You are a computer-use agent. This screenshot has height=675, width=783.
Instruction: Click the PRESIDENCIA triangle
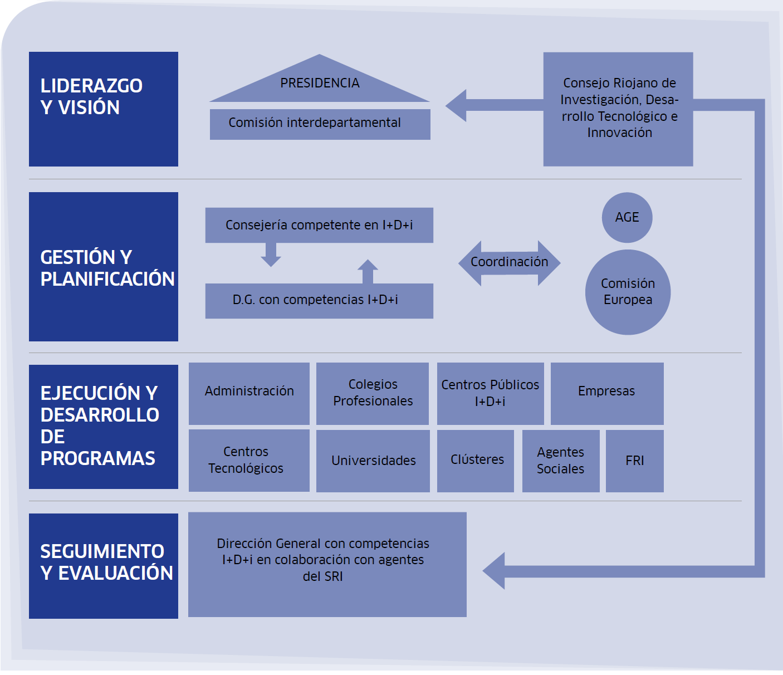[320, 84]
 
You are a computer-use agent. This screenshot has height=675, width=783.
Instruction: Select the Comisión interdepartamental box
[320, 124]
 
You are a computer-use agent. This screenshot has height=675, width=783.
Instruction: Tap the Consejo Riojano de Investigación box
[618, 109]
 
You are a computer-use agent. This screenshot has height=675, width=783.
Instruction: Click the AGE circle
[627, 218]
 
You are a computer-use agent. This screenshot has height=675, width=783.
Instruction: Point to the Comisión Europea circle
[628, 292]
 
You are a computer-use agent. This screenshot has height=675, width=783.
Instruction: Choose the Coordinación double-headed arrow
[509, 263]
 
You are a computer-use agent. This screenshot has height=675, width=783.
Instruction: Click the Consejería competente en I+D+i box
[319, 225]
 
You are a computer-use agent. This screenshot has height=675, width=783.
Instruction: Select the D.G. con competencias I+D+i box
[319, 301]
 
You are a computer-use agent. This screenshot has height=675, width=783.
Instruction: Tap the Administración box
[249, 393]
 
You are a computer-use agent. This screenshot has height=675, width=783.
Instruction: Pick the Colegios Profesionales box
[373, 393]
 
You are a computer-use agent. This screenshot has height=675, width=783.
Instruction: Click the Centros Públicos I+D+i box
[490, 393]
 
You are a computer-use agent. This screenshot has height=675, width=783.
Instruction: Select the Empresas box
[606, 393]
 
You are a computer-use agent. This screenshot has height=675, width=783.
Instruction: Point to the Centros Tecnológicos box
[249, 461]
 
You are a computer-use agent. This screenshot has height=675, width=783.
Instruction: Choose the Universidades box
[373, 461]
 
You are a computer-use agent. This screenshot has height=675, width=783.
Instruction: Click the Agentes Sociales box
[561, 461]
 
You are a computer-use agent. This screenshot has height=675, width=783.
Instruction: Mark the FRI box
[635, 461]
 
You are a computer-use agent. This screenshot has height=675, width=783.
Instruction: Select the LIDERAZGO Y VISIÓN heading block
[104, 109]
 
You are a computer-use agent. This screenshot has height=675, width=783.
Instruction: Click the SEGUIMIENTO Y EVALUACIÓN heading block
[104, 566]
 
